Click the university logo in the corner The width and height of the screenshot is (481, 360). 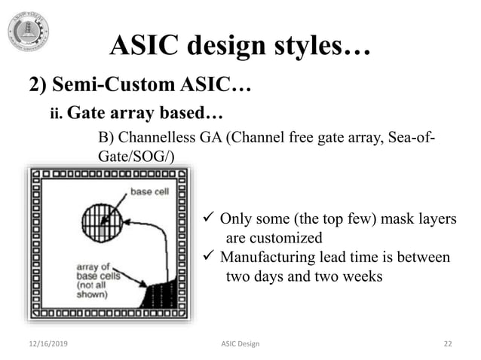29,31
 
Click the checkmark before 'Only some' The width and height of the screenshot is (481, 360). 210,219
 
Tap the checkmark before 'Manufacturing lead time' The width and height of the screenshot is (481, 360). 210,258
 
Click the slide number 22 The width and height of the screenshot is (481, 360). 448,344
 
